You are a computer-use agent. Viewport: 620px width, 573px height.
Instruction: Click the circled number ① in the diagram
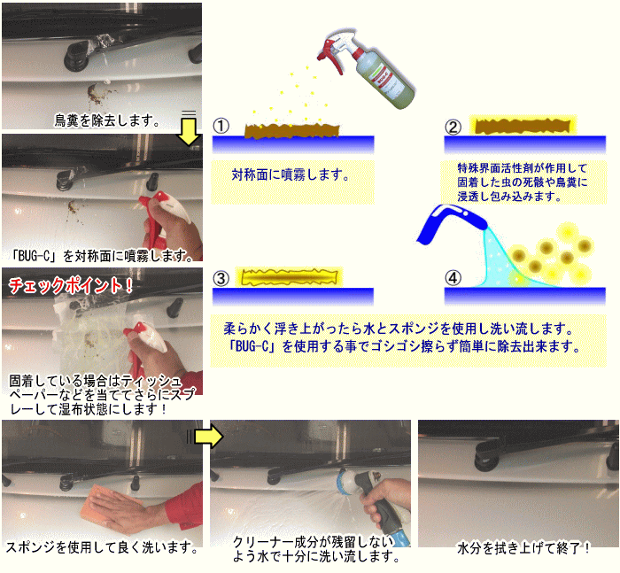pos(221,126)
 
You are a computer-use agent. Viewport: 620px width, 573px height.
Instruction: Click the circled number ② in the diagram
pos(453,127)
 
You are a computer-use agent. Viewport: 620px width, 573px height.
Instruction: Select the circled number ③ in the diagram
pos(221,278)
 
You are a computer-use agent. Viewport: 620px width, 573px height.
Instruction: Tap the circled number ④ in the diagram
pos(453,277)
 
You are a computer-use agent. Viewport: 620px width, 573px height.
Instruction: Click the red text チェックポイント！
pos(70,285)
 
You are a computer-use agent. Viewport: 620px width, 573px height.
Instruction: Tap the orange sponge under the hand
pos(106,508)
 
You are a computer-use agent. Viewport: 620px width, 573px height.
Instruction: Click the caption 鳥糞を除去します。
pos(107,120)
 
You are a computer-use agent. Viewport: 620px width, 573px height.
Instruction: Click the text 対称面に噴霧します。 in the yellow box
pos(291,174)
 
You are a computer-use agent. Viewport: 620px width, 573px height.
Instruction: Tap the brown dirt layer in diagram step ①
pos(291,130)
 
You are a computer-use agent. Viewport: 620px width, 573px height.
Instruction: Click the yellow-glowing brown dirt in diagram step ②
pos(522,126)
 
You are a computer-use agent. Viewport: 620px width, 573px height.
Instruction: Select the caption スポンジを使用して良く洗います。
pos(101,547)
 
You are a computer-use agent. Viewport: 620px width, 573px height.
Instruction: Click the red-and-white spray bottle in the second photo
pos(166,215)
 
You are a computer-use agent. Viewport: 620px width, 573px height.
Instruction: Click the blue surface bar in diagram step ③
pos(293,297)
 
